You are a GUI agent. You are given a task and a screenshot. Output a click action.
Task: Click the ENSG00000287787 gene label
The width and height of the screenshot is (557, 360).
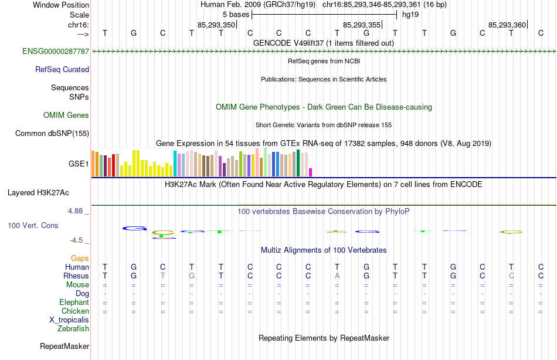tap(56, 52)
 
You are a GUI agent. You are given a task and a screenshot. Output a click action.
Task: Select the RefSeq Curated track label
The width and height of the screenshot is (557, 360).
tap(62, 70)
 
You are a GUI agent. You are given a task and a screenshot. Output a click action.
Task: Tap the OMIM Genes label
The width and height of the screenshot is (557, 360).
tap(66, 116)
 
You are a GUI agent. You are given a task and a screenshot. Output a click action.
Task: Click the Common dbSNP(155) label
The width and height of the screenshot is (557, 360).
tap(52, 134)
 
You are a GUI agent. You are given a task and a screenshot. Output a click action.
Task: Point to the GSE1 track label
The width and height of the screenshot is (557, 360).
tap(79, 164)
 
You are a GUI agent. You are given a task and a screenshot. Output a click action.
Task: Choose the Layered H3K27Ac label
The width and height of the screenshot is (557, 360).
tap(38, 192)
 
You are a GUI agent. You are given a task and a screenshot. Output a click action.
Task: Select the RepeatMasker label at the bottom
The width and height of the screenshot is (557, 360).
tap(64, 347)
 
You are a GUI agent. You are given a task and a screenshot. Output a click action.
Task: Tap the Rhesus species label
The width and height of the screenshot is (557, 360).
tap(76, 276)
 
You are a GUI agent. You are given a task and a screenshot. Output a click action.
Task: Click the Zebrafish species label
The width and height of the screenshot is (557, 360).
tap(73, 329)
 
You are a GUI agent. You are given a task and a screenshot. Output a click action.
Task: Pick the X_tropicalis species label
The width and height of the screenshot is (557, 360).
tap(69, 320)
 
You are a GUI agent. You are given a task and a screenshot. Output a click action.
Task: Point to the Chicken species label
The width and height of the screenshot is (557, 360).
tap(74, 311)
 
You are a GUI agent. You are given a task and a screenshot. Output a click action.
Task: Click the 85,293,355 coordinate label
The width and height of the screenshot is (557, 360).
tap(362, 25)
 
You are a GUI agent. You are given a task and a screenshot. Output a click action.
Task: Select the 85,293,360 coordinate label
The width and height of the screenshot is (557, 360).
tap(507, 25)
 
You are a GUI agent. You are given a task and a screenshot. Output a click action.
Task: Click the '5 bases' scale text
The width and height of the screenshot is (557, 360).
tap(235, 14)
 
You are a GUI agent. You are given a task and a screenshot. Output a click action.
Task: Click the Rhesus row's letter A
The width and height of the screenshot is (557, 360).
tap(337, 276)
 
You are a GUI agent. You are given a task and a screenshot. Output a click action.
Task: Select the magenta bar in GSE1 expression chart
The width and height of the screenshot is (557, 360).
tap(310, 172)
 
